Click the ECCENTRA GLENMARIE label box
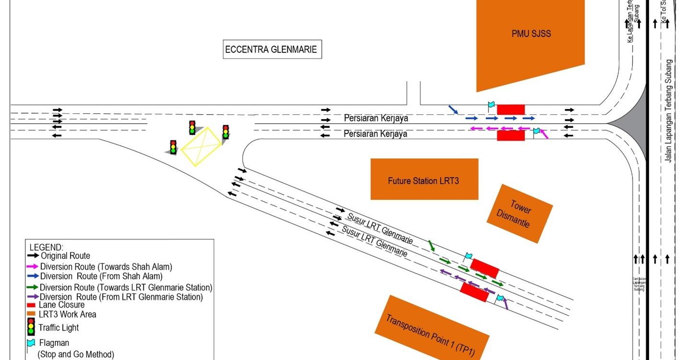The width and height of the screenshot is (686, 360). tap(272, 49)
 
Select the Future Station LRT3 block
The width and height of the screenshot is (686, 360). tap(424, 180)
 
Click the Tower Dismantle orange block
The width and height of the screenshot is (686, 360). tap(520, 213)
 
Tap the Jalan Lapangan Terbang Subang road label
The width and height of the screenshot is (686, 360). tap(669, 111)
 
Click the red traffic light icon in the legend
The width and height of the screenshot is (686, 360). tap(31, 326)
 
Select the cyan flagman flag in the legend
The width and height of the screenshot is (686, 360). tap(31, 343)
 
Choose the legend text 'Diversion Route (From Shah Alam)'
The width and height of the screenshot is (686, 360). tap(101, 276)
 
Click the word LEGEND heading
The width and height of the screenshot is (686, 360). tap(46, 247)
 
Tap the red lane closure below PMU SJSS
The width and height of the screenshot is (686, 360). tap(510, 110)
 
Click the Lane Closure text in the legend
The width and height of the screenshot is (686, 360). tap(61, 305)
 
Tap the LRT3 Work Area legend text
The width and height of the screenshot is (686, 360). tap(67, 314)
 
